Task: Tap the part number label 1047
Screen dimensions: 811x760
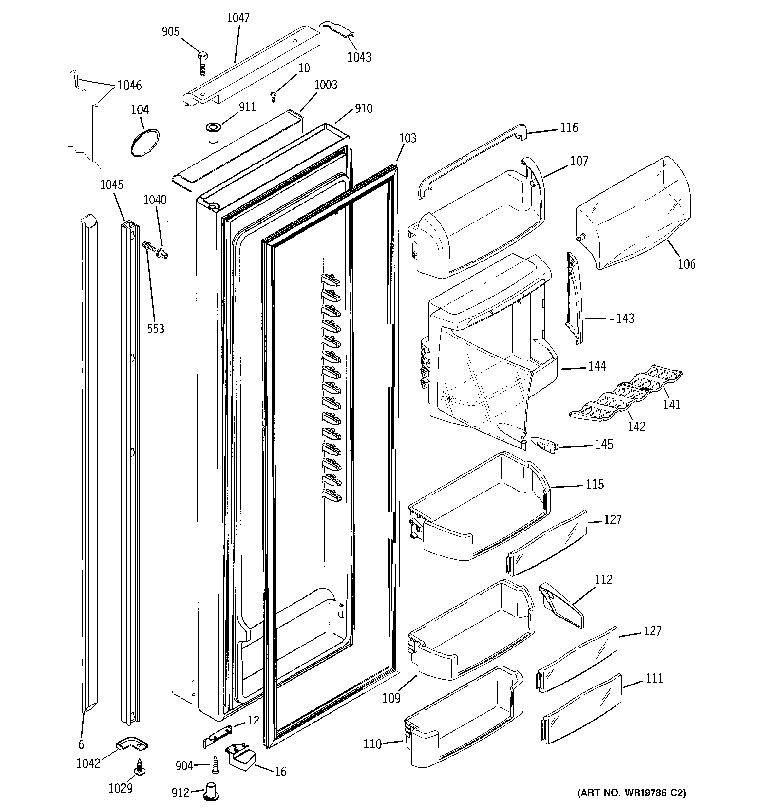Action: (238, 18)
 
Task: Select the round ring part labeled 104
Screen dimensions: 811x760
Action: (145, 142)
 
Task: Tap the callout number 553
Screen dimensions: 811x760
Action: (155, 328)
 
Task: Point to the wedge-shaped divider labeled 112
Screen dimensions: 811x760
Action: (561, 606)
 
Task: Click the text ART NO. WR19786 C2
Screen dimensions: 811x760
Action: (632, 793)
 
